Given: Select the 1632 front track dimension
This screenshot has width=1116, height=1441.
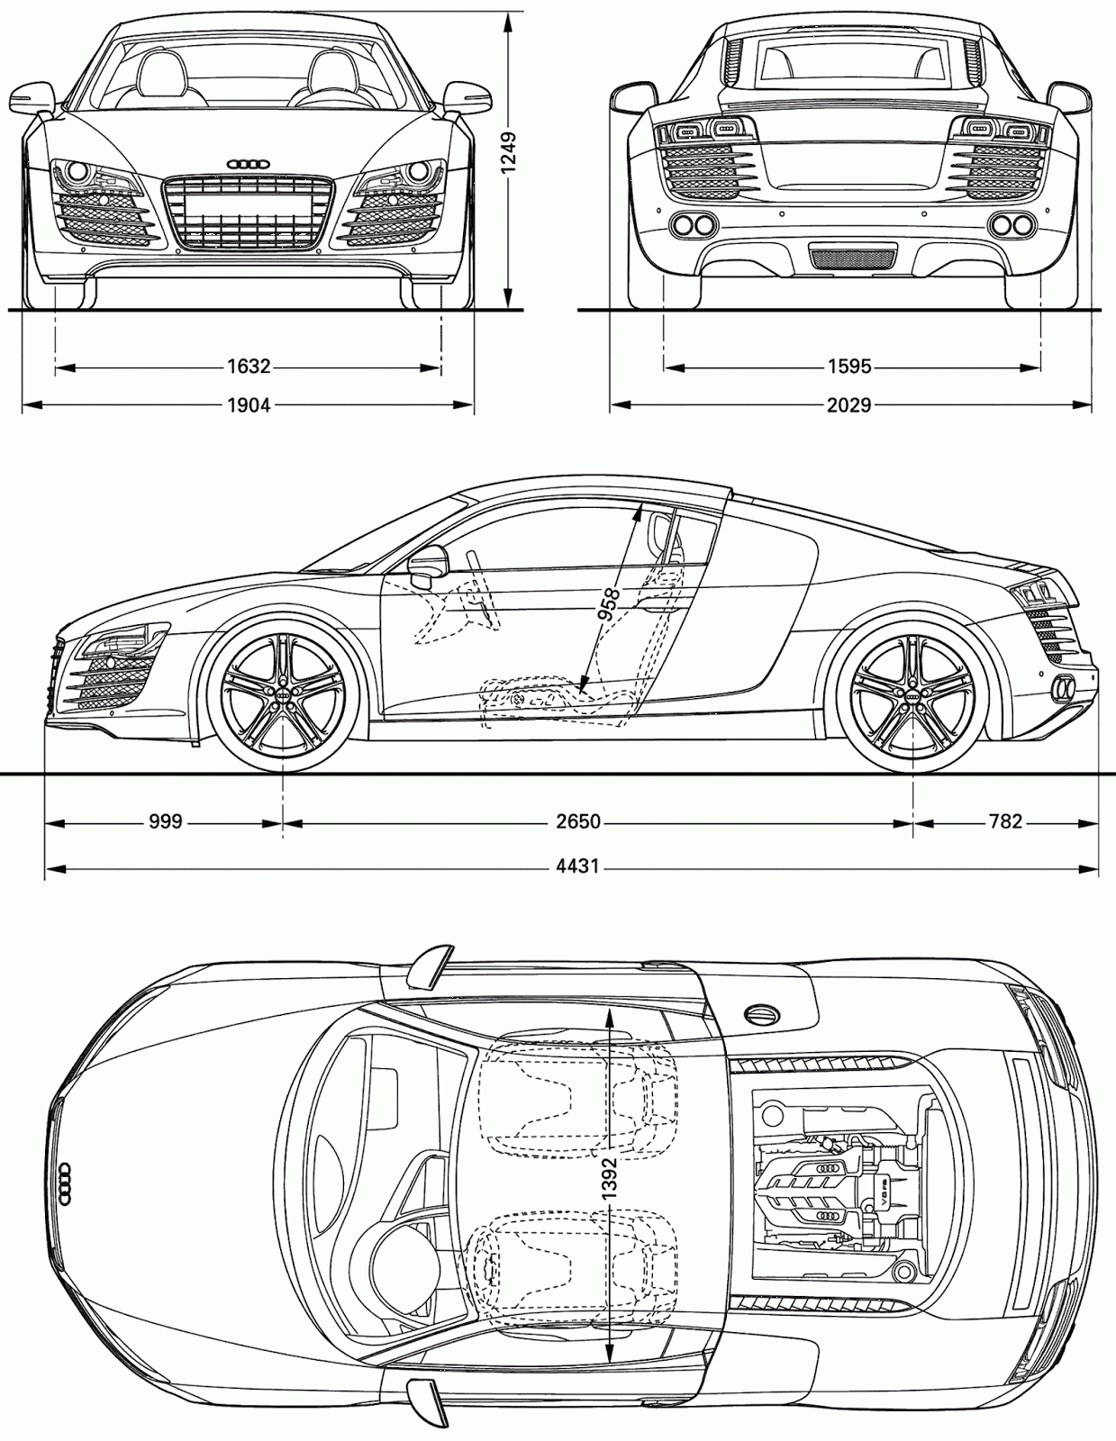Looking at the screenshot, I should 249,367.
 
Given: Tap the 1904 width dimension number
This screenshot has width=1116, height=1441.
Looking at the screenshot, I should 249,405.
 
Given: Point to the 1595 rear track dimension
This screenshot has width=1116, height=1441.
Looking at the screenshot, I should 849,367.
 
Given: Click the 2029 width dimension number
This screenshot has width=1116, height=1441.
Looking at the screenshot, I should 849,405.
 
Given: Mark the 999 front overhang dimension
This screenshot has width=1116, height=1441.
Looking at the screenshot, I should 166,821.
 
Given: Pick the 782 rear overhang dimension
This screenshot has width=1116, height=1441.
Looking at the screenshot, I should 1005,821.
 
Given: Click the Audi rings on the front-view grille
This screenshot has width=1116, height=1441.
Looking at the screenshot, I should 249,164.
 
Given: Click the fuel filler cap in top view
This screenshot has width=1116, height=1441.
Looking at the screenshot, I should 762,1012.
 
